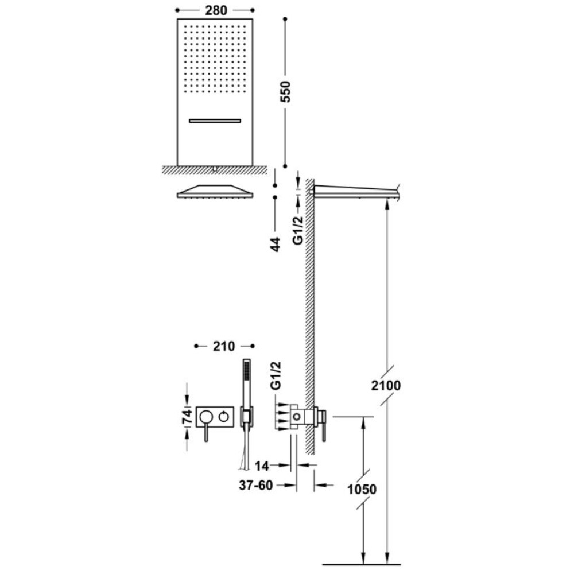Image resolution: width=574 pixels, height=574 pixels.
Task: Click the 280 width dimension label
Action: click(x=216, y=10)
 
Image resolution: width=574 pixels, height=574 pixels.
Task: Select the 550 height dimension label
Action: click(x=285, y=91)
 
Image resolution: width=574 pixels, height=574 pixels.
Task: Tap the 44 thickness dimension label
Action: click(x=276, y=244)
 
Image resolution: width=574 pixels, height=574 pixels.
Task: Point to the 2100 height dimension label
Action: click(x=386, y=386)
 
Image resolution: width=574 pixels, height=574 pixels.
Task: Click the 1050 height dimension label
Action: click(x=362, y=490)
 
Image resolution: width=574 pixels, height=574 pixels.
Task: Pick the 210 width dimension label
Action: click(x=224, y=346)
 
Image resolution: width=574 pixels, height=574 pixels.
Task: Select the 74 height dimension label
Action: click(x=187, y=417)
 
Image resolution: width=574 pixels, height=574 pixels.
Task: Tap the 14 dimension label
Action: click(x=262, y=466)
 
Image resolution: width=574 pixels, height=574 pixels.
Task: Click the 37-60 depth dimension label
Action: click(x=256, y=486)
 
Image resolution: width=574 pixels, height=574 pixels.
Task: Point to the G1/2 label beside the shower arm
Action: click(x=298, y=230)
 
